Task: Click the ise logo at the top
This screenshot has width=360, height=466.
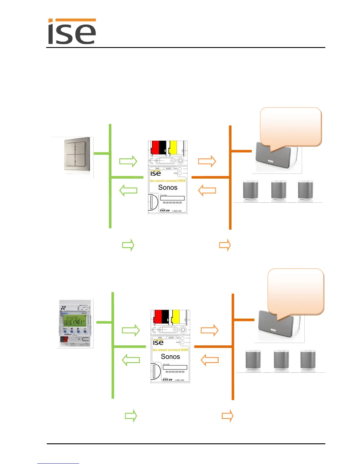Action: point(72,32)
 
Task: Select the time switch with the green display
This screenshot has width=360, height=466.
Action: point(75,323)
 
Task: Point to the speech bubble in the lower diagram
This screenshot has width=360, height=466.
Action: point(296,291)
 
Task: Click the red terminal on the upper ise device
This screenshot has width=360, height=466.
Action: point(155,148)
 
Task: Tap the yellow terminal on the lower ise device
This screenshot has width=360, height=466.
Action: point(176,317)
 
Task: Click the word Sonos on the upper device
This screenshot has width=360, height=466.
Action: point(168,187)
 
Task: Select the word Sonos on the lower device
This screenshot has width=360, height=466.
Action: point(170,357)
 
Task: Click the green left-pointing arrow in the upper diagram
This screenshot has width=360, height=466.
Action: point(128,190)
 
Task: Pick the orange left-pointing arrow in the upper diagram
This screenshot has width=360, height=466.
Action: point(207,190)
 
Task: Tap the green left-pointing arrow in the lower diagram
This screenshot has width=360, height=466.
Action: point(131,360)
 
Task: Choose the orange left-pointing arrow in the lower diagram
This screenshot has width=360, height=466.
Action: point(210,360)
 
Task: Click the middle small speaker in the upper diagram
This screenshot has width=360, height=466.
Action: point(279,190)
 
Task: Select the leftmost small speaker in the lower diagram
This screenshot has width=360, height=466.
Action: point(253,361)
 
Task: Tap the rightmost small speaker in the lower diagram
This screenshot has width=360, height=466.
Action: point(308,361)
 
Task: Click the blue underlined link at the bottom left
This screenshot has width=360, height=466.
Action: point(58,463)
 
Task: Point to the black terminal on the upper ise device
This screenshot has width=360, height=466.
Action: point(163,148)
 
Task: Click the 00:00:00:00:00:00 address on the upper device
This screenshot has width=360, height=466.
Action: point(172,203)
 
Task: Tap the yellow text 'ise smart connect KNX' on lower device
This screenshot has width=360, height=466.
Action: point(170,350)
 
